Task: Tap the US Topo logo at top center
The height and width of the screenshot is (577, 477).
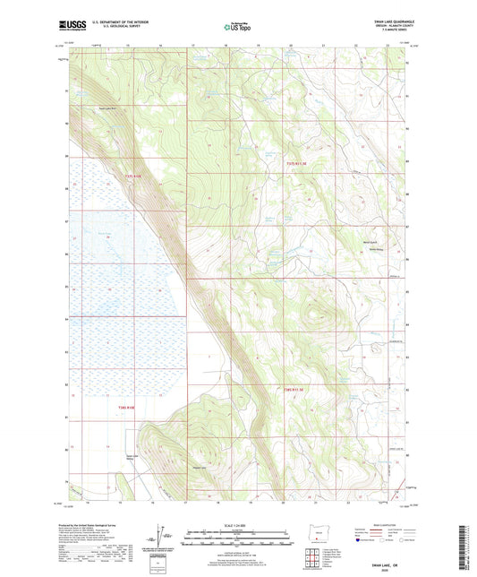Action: pyautogui.click(x=236, y=28)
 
